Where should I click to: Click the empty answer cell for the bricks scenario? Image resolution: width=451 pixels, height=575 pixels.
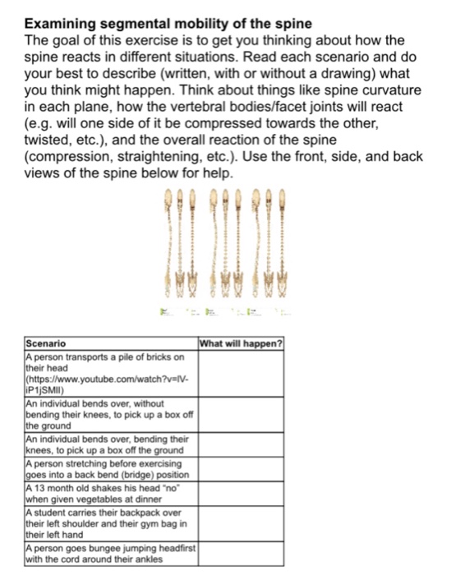pos(242,374)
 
